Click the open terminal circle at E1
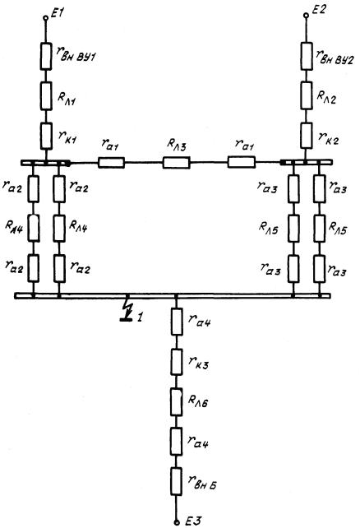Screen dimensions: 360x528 click(x=45, y=17)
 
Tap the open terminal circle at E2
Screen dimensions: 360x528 click(x=306, y=16)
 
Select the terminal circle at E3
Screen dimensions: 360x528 click(x=177, y=522)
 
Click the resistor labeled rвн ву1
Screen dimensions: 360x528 click(x=46, y=57)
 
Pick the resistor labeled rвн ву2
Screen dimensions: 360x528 click(x=307, y=56)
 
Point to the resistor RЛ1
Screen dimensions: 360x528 click(x=46, y=96)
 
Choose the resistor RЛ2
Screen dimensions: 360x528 click(x=307, y=95)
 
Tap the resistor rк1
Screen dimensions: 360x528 click(x=46, y=136)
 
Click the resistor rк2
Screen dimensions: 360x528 click(x=307, y=136)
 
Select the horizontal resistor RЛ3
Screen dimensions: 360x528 click(x=176, y=163)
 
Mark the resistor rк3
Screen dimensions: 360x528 click(x=177, y=362)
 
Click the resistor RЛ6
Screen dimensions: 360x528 click(x=177, y=401)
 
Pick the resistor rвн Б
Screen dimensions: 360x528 click(x=176, y=481)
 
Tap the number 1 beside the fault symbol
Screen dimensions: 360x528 click(x=140, y=317)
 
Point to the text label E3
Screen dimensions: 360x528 click(x=193, y=521)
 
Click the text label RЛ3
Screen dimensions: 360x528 click(x=176, y=145)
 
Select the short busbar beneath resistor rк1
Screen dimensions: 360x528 click(x=45, y=163)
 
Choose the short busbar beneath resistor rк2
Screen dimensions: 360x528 click(x=307, y=162)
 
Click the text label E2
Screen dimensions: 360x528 click(x=318, y=9)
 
